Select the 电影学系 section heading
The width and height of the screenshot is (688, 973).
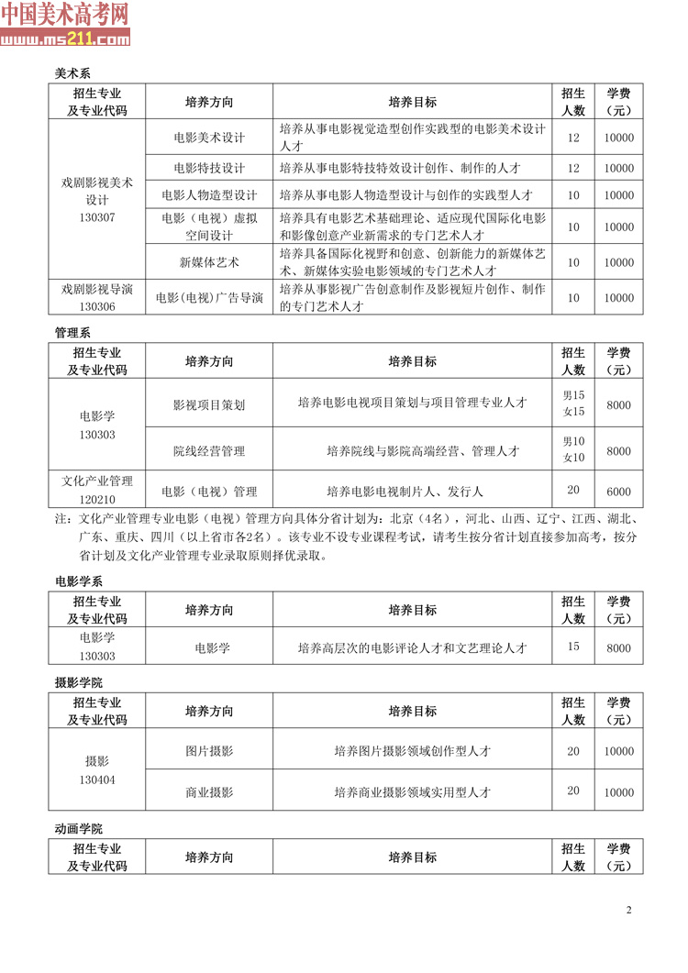pos(79,580)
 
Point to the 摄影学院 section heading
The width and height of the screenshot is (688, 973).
pos(79,682)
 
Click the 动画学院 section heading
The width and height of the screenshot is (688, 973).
pos(79,829)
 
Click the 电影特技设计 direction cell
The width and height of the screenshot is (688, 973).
pos(209,168)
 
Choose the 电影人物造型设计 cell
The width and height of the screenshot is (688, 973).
pos(209,195)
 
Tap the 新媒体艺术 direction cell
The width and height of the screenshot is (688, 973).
pos(209,262)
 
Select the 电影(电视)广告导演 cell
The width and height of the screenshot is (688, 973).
pos(209,298)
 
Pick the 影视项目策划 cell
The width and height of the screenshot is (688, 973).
pos(209,404)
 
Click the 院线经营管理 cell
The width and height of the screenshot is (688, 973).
pos(209,451)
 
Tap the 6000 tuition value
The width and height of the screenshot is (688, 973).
pos(619,492)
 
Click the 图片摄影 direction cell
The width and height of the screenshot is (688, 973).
pos(209,751)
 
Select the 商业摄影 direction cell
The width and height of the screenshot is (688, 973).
pos(209,791)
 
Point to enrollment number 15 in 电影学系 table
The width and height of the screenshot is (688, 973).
pos(573,647)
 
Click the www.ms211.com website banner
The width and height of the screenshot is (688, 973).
pos(65,39)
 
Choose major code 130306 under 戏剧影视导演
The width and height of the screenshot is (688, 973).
pos(97,307)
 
